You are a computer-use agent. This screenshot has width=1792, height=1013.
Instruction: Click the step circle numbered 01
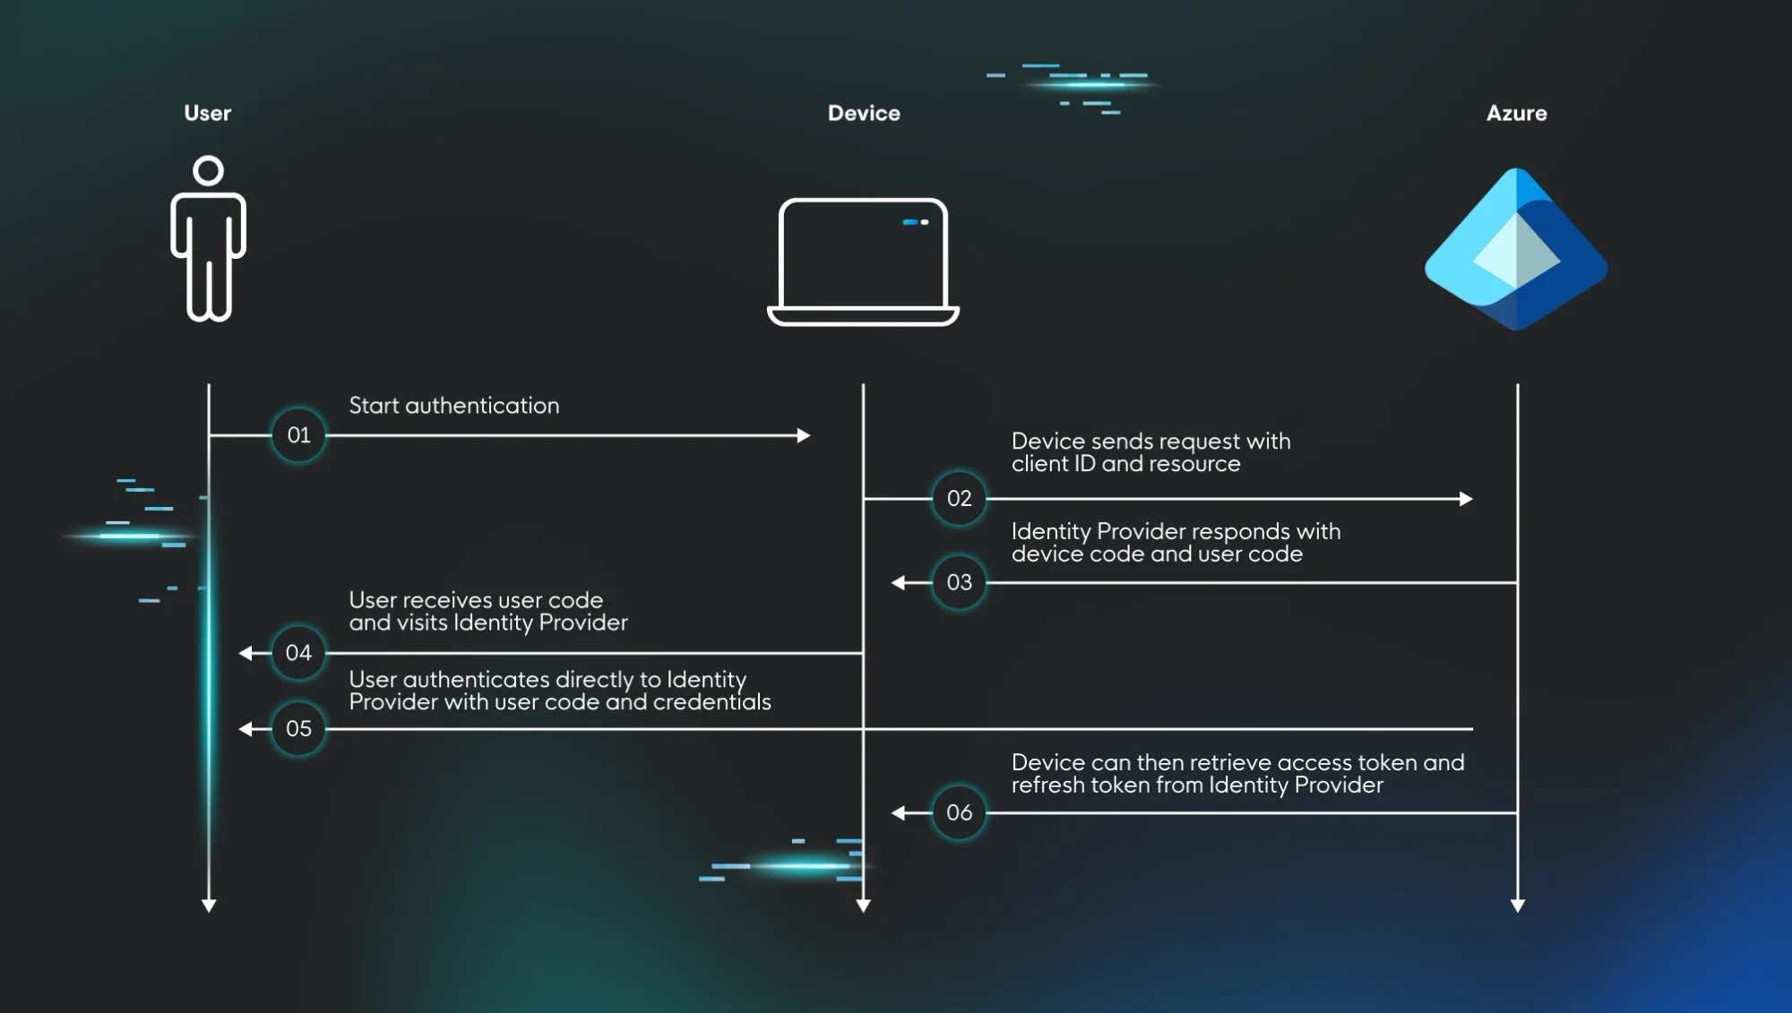(298, 435)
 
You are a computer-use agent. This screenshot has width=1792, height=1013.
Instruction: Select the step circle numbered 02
(959, 498)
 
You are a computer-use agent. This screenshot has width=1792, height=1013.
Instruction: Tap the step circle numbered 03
(959, 582)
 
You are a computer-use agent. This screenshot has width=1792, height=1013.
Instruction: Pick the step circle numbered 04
(298, 653)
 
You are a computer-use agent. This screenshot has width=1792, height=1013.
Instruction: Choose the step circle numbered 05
(298, 729)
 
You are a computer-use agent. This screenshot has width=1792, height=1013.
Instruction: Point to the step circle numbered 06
(959, 812)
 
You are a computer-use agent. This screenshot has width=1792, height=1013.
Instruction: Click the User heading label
(207, 113)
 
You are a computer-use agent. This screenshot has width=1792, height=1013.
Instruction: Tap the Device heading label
(864, 113)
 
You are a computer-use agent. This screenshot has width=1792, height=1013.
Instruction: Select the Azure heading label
(1516, 113)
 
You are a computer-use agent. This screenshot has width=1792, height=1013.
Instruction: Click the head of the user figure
(208, 170)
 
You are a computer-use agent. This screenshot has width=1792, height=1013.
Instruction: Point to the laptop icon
(863, 262)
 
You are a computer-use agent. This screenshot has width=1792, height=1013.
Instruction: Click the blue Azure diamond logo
(1516, 249)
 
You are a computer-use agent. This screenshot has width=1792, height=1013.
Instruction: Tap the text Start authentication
(453, 406)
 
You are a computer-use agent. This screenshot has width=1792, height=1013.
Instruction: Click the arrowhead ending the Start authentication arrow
(804, 435)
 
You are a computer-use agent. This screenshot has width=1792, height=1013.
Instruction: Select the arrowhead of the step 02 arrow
(1466, 499)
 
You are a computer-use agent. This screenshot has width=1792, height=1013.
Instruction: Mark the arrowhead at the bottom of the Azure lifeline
(1517, 906)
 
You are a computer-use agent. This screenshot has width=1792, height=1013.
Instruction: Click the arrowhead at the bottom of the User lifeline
(209, 906)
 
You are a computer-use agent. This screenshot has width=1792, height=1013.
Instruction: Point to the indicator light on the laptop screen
(915, 222)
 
